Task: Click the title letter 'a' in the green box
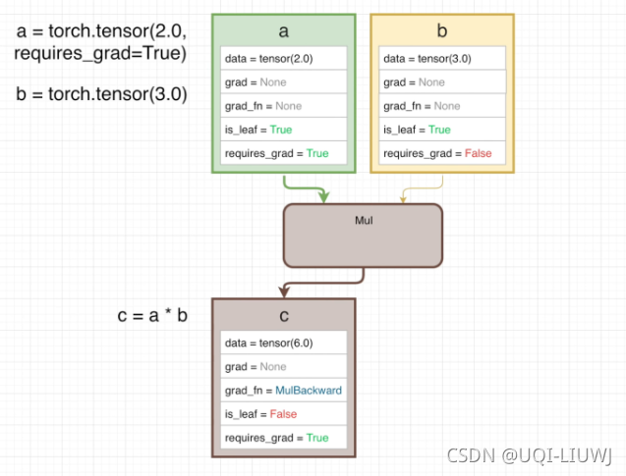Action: (283, 31)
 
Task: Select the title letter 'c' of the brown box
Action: (283, 316)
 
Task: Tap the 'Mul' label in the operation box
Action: (364, 220)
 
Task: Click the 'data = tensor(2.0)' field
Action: (284, 59)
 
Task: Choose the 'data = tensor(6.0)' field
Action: (284, 343)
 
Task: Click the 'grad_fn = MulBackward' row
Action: (284, 390)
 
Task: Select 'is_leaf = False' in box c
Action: (284, 413)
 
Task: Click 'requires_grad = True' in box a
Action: (284, 153)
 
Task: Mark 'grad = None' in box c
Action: (284, 366)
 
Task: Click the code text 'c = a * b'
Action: (151, 316)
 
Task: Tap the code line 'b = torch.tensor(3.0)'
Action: (100, 95)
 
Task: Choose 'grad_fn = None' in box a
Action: (284, 106)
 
